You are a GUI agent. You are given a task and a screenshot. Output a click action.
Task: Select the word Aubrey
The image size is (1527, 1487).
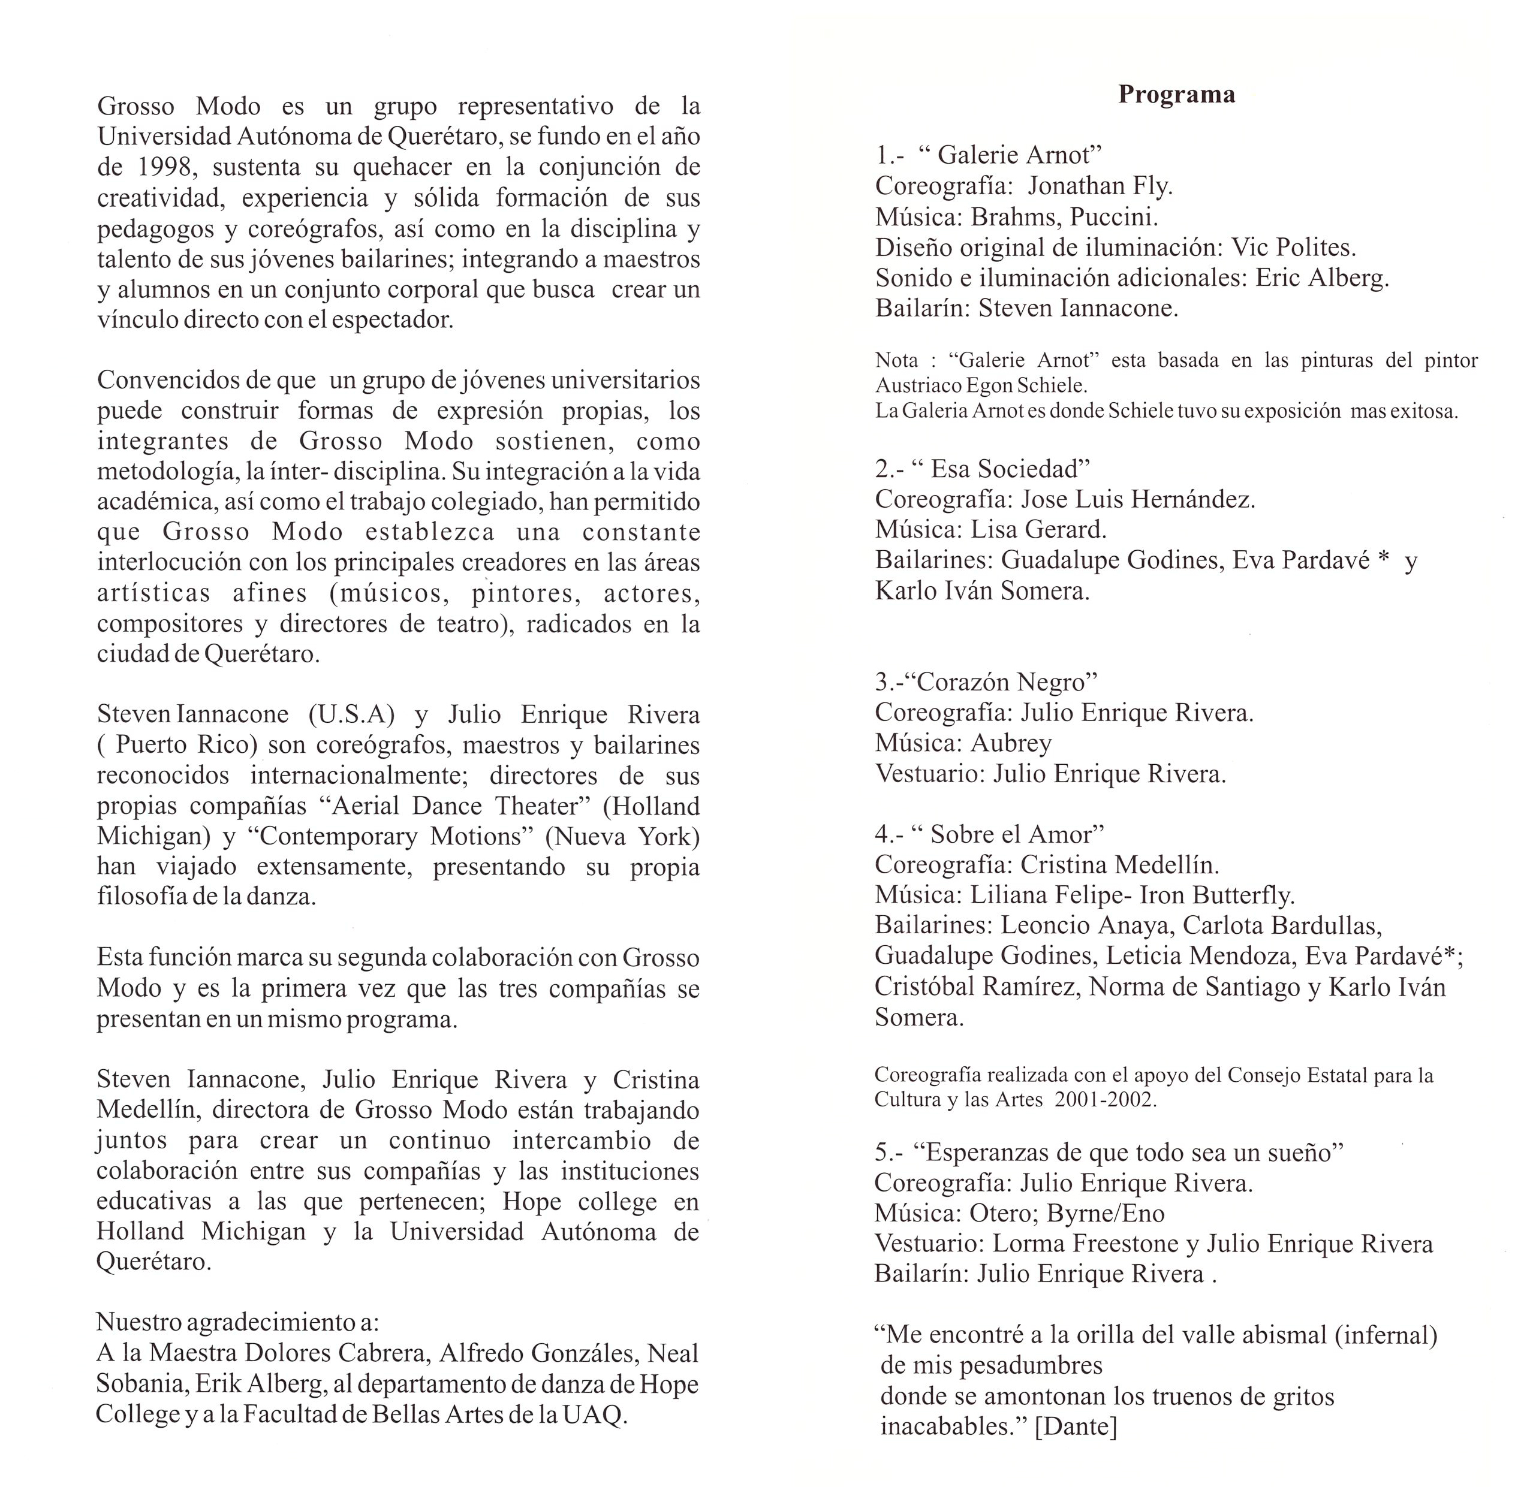[x=1011, y=743]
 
